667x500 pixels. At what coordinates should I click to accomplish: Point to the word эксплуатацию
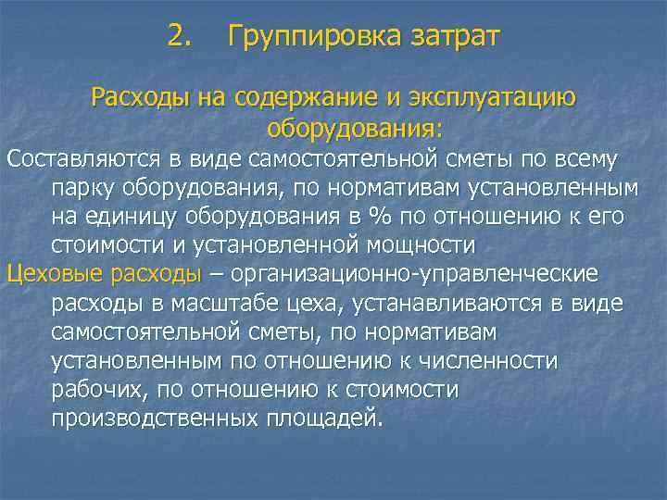(497, 97)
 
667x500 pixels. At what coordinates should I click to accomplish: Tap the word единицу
(135, 217)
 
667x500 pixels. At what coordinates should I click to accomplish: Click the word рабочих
(95, 389)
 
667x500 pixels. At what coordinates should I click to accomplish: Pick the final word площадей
(321, 418)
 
